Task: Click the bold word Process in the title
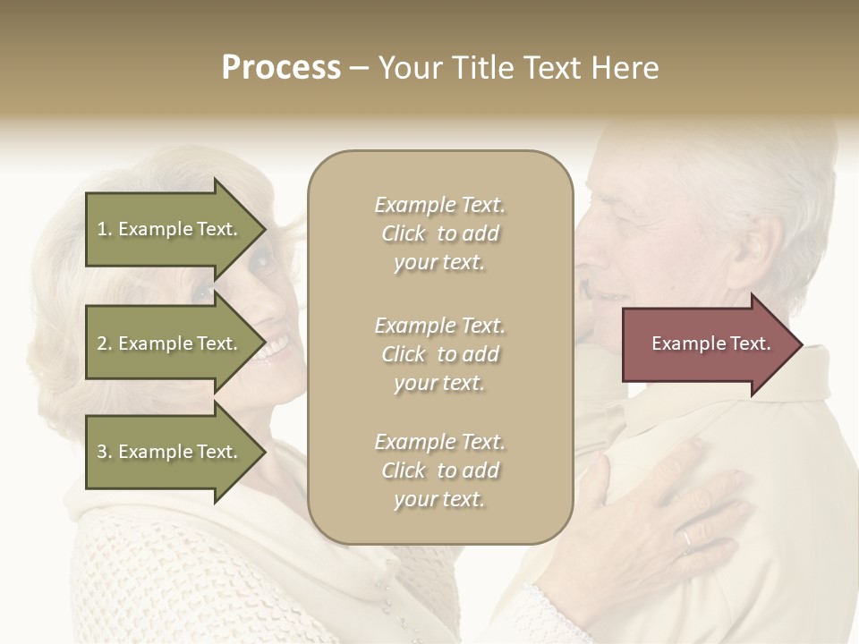coord(281,68)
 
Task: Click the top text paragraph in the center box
coord(439,233)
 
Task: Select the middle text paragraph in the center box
coord(439,354)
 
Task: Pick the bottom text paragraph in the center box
coord(439,470)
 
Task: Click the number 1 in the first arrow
coord(102,229)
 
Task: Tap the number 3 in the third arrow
coord(102,452)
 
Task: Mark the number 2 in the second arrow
coord(102,343)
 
